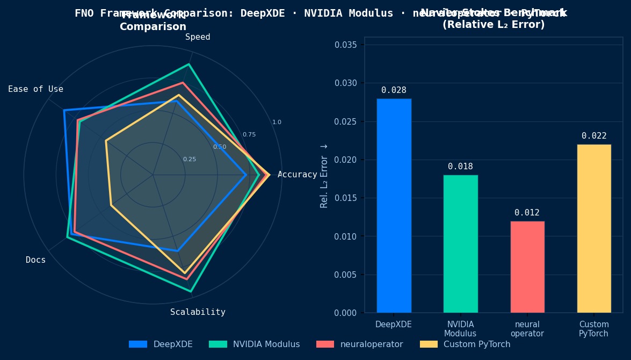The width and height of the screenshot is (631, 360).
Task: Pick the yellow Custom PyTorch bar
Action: click(x=593, y=228)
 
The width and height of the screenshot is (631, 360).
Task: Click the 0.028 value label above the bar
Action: click(x=394, y=90)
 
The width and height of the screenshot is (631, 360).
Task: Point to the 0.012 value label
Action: click(x=527, y=213)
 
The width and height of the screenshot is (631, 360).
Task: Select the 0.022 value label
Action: click(x=593, y=136)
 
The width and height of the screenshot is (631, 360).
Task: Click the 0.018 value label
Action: click(x=460, y=167)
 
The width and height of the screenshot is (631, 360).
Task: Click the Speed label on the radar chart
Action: click(x=198, y=37)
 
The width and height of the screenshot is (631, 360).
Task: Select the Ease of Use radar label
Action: click(x=35, y=89)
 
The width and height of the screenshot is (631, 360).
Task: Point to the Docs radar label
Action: click(x=35, y=260)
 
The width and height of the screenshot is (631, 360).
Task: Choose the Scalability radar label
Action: click(x=198, y=312)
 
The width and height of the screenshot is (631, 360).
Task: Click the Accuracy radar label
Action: click(x=297, y=175)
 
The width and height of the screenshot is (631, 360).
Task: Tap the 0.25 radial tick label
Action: click(x=189, y=159)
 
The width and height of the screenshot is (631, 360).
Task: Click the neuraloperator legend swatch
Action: click(x=325, y=344)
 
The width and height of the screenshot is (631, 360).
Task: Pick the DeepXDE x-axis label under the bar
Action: click(x=394, y=325)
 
